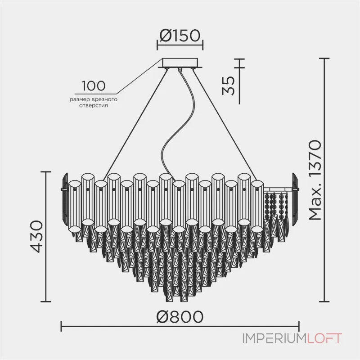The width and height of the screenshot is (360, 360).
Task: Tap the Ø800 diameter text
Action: coord(180,316)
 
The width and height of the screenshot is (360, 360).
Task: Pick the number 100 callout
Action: coord(94,85)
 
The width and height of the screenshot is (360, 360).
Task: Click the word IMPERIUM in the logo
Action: coord(268,338)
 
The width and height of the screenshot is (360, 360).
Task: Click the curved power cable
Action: coord(171,130)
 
